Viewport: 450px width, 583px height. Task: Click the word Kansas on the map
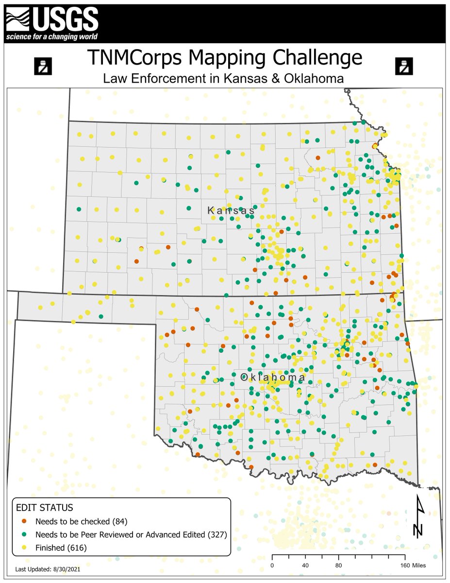pyautogui.click(x=231, y=211)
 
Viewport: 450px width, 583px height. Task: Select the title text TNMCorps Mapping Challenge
pyautogui.click(x=225, y=57)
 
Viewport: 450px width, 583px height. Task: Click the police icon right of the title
pyautogui.click(x=403, y=66)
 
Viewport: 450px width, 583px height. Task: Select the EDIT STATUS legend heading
pyautogui.click(x=45, y=508)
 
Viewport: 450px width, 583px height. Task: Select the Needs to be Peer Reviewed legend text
pyautogui.click(x=131, y=535)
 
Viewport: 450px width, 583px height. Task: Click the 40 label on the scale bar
pyautogui.click(x=305, y=566)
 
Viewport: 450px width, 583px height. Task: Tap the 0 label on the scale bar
pyautogui.click(x=272, y=566)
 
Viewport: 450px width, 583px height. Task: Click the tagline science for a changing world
pyautogui.click(x=51, y=37)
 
